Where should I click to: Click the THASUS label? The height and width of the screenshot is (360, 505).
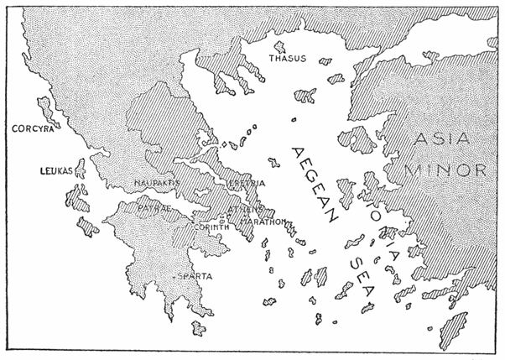coord(287,59)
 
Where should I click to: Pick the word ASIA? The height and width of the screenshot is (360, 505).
coord(445,138)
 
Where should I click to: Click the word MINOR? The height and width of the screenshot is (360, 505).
coord(445,170)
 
